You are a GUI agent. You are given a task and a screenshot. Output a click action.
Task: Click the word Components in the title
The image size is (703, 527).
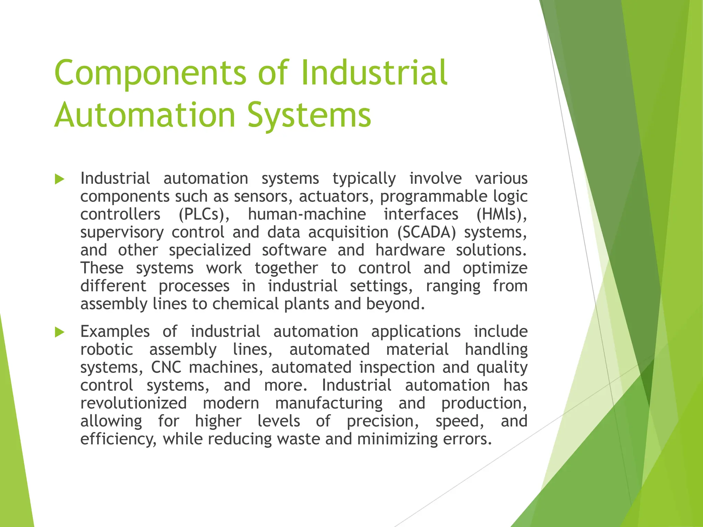pos(150,73)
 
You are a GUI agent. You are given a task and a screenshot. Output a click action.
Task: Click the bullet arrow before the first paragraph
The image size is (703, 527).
pos(60,179)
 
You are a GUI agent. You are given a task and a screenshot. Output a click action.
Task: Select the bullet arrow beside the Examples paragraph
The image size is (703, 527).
pos(60,332)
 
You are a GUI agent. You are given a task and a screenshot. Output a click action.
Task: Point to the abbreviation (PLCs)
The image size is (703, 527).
pos(204,214)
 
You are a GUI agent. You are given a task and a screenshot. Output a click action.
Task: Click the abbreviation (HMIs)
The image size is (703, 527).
pos(502,214)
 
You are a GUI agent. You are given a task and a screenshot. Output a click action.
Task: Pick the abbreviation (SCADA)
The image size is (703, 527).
pos(426,232)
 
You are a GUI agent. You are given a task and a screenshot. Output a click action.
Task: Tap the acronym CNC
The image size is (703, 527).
pos(166,367)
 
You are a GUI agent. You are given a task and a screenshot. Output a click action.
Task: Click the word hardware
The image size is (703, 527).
pos(410,250)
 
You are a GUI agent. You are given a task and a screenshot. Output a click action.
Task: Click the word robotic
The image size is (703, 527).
pos(106,350)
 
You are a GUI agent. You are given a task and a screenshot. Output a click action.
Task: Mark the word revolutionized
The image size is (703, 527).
pos(134,403)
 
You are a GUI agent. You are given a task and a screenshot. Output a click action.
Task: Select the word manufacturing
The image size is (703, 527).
pos(329,403)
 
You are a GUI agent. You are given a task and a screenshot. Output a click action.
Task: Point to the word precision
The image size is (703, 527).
pos(383,421)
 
